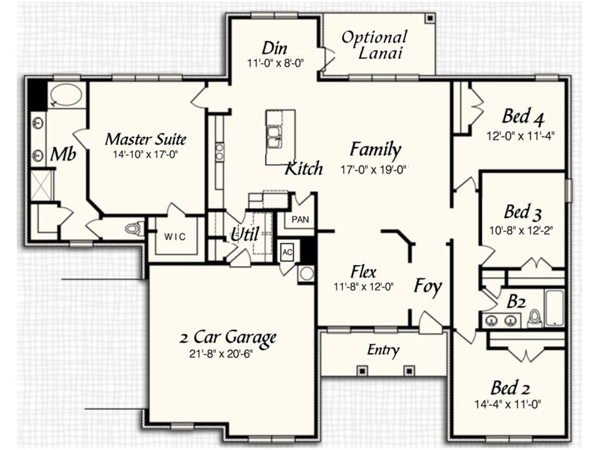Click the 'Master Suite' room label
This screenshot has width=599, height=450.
pos(145,139)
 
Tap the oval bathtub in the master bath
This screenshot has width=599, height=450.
pos(66,96)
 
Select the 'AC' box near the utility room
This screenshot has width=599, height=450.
pos(287,252)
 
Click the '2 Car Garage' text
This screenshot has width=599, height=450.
pos(227,338)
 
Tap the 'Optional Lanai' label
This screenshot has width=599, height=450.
pos(374,45)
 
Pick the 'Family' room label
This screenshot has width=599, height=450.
pos(374,150)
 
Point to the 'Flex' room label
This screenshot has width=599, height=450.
pos(363,272)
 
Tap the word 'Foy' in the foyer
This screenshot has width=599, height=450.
pos(428,287)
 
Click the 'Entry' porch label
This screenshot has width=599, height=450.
pos(383,351)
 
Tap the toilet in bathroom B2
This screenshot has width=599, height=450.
pos(535,319)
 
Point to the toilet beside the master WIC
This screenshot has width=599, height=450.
pos(134,229)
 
